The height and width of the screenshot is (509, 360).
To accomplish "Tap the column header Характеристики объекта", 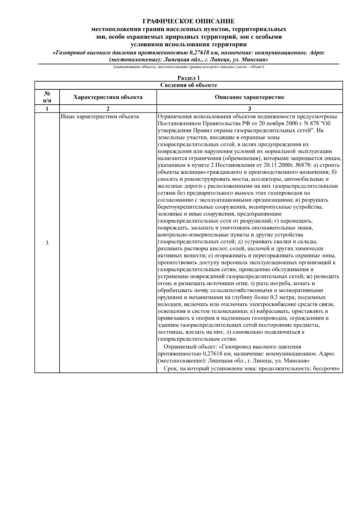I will point(108,97).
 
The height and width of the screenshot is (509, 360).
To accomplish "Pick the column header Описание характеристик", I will point(249,97).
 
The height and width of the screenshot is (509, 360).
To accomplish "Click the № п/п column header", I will point(47,97).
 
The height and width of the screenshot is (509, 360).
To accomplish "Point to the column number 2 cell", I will point(108,109).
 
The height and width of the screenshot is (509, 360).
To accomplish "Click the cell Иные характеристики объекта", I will point(100,117).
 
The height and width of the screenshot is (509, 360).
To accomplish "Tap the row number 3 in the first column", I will point(47,243).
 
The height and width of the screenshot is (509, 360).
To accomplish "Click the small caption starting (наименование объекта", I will point(188,67).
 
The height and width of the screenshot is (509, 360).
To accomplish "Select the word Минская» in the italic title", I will point(255,60).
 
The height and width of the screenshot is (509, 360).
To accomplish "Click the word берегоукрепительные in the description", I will point(183,207).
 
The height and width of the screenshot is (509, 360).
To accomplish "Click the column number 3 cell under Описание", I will point(249,109).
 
